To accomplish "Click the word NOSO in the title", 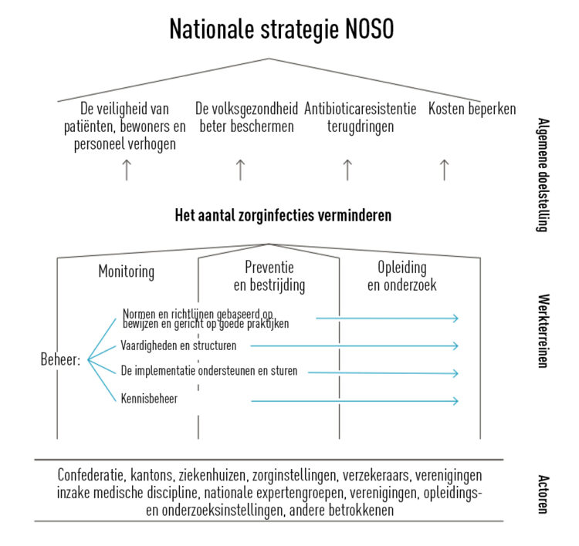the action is pos(370,29).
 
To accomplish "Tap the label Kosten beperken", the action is pos(472,109).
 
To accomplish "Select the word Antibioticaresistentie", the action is pos(360,109).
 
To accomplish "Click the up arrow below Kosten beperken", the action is pos(444,170).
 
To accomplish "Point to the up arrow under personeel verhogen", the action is pos(127,170).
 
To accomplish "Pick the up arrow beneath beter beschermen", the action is pos(240,170).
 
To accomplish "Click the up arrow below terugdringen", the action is pos(347,170).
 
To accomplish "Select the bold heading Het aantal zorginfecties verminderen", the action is pos(283,215).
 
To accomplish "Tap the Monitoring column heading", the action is pos(127,272).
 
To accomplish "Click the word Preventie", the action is pos(269,267).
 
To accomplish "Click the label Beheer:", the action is pos(60,359).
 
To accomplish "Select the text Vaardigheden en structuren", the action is pos(178,345).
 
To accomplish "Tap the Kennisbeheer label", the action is pos(149,399).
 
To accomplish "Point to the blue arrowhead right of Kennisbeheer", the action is pos(455,401).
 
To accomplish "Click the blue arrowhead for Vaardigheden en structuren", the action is pos(455,346).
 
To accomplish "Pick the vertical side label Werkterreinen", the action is pos(543,331).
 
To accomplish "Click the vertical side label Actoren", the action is pos(543,494).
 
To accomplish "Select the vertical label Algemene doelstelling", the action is pos(543,175).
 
